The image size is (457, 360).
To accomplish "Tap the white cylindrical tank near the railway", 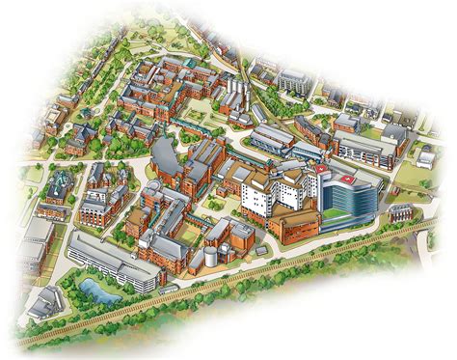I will [x=209, y=259].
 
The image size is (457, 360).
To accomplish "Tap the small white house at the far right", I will [x=424, y=152].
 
